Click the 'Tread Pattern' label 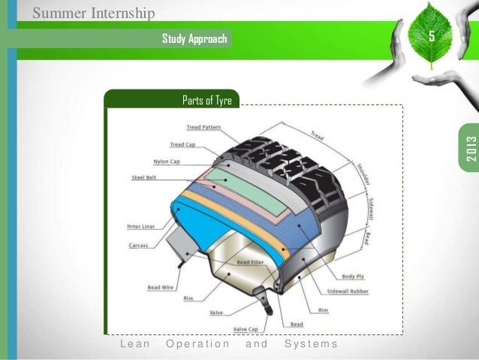coord(203,128)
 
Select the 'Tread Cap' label coord(182,145)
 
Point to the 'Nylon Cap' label coord(166,162)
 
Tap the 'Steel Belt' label coord(143,178)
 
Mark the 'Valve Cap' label coord(246,329)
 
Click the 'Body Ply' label coord(352,277)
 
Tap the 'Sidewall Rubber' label coord(348,292)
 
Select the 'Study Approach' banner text coord(194,38)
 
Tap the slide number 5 coord(431,37)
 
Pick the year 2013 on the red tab coord(471,147)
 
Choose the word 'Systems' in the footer coord(311,344)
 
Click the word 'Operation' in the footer coord(197,344)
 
